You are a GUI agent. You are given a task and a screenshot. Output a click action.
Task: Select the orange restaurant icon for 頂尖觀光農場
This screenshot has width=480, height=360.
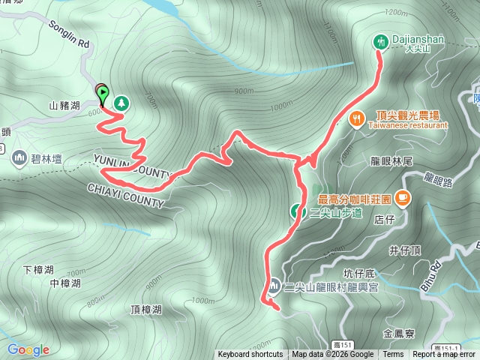tap(356, 117)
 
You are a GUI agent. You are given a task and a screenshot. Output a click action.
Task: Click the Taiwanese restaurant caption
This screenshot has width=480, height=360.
tap(407, 125)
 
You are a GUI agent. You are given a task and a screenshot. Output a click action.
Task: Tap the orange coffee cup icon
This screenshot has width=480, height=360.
tap(403, 198)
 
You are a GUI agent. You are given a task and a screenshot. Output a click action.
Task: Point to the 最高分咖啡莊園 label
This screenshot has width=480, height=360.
tap(354, 199)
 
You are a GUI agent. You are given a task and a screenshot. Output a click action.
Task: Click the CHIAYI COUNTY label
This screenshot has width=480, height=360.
tap(125, 195)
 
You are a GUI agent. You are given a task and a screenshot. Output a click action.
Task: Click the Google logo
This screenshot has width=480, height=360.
tap(28, 349)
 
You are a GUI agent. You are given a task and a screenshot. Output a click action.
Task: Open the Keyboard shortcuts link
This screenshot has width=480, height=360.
tap(250, 355)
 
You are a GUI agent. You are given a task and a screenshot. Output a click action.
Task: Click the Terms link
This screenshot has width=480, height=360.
tap(393, 355)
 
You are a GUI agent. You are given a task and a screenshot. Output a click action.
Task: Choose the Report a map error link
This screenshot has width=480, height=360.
tap(444, 355)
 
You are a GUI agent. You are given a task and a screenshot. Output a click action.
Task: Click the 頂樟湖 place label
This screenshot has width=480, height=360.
tap(145, 309)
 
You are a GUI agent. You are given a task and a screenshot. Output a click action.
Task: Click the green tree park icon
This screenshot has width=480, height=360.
tap(119, 102)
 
